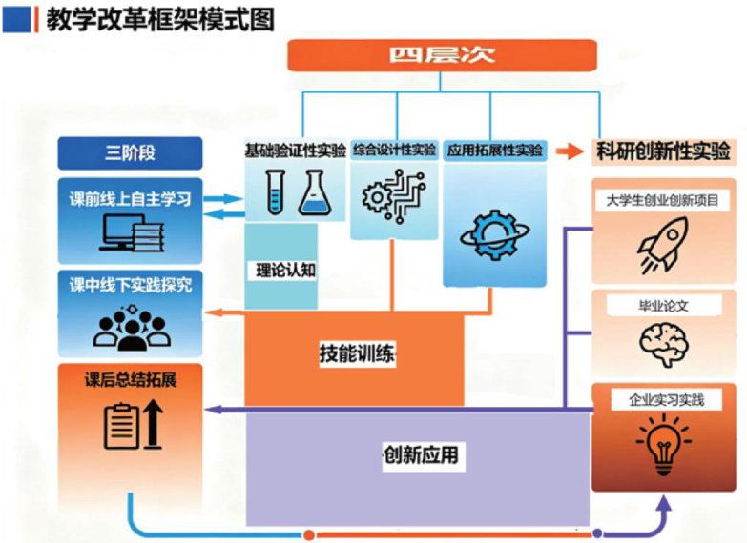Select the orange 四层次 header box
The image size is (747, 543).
(x=441, y=53)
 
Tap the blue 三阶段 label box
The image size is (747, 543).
(x=131, y=152)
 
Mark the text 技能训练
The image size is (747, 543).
(x=356, y=354)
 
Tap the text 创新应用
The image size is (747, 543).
(x=420, y=455)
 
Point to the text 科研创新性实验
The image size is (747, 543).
(x=663, y=151)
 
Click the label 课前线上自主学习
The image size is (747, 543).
(x=131, y=200)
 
